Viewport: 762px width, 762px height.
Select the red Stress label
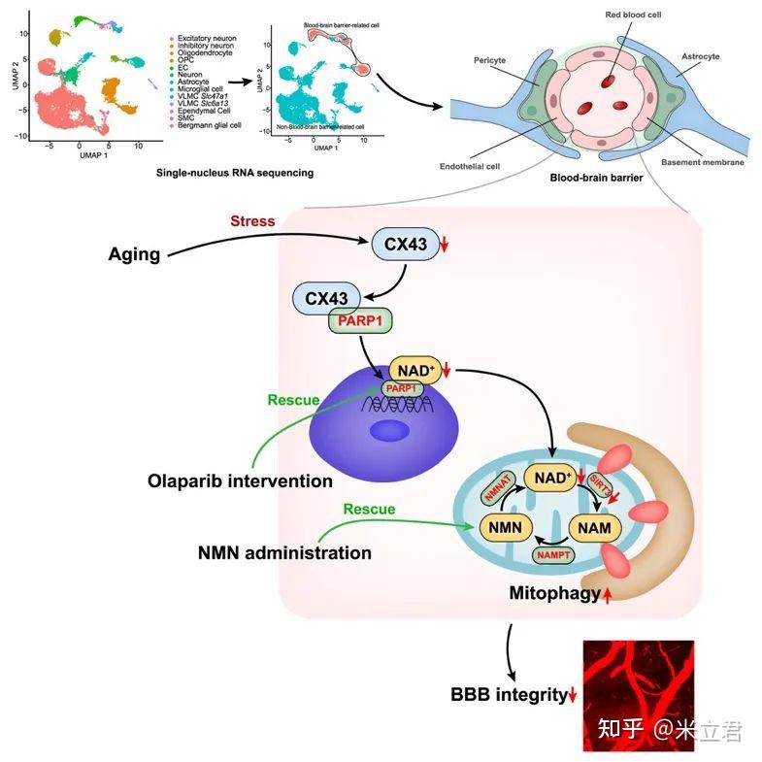[x=252, y=221]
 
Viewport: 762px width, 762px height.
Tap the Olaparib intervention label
[x=240, y=480]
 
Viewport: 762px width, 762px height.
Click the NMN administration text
[x=284, y=552]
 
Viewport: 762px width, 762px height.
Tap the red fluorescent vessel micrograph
[x=637, y=695]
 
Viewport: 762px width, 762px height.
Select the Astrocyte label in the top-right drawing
[x=700, y=57]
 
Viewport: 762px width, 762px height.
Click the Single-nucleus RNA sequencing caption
[x=234, y=173]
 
